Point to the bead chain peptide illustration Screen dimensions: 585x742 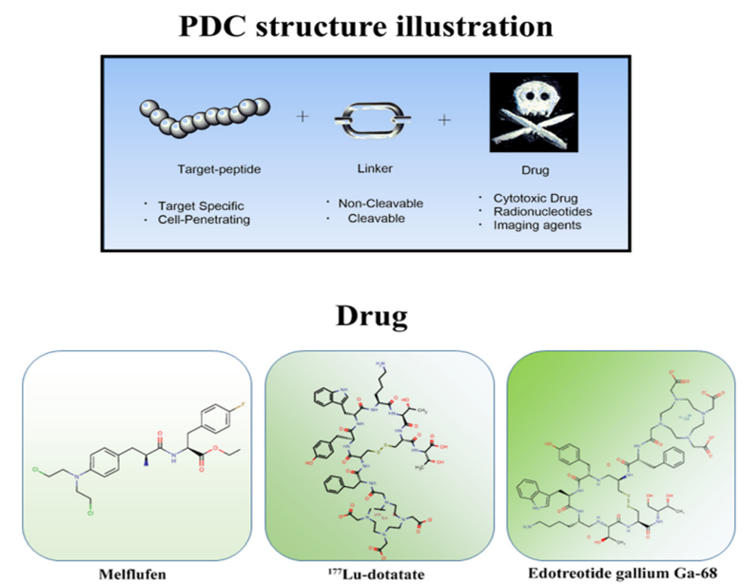click(200, 116)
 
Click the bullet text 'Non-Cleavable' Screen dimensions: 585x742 click(381, 203)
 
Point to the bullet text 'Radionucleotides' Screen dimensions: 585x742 click(539, 211)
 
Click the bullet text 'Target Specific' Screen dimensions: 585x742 click(201, 205)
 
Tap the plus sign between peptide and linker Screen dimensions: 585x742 click(303, 116)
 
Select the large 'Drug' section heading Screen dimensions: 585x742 click(370, 318)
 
